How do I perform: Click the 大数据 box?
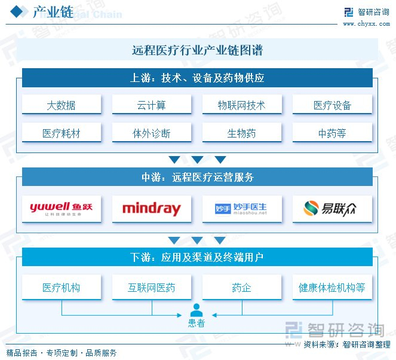tap(62, 105)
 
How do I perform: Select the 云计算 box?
tap(152, 105)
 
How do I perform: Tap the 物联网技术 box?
tap(242, 105)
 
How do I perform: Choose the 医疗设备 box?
tap(332, 105)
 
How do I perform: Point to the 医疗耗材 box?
tap(62, 133)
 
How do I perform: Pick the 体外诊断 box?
tap(152, 133)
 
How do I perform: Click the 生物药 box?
tap(242, 133)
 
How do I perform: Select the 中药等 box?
tap(332, 133)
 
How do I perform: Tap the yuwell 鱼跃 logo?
tap(62, 209)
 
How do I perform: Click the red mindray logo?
tap(152, 209)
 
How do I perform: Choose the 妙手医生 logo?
tap(242, 209)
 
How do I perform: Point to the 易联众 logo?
tap(332, 209)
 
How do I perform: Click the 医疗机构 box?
tap(62, 288)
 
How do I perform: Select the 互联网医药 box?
tap(152, 288)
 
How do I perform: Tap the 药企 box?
tap(242, 288)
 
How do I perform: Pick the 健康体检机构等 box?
tap(332, 288)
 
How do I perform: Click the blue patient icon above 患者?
tap(197, 310)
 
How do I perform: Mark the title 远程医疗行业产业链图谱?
tap(197, 51)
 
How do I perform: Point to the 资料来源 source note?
tap(347, 344)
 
